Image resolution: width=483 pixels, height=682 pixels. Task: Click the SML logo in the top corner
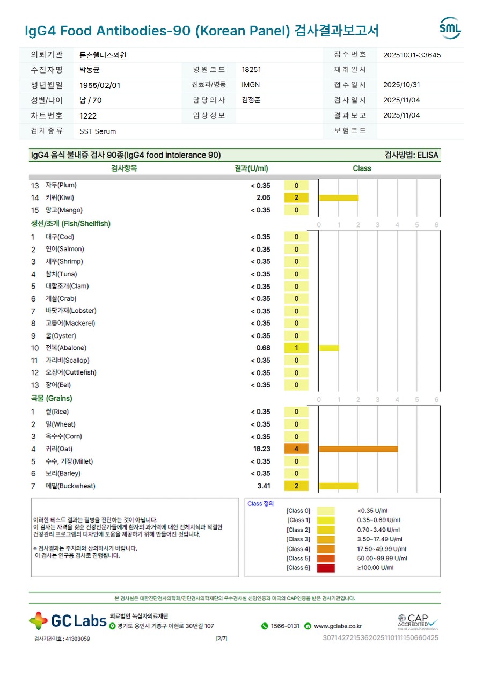coord(450,28)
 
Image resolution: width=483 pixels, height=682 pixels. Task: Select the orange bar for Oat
coord(358,449)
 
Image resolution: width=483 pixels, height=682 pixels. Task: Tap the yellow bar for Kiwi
coord(338,197)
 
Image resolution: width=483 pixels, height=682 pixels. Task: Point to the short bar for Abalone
coord(328,348)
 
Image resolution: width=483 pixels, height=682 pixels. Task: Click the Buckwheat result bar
coord(338,486)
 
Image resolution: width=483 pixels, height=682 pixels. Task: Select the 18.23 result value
coord(262,449)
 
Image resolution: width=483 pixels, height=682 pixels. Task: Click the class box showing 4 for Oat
coord(296,449)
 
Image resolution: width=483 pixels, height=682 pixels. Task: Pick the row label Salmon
coord(64,250)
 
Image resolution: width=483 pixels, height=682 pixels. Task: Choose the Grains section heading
coord(52,399)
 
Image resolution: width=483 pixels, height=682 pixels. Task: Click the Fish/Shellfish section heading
coord(71,224)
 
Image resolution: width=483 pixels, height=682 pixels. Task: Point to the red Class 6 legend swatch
coord(326,568)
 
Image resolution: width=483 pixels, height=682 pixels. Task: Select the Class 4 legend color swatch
coord(326,549)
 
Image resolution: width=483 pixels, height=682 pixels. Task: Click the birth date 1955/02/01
coord(100,85)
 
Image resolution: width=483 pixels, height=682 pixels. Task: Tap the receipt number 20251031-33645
coord(412,55)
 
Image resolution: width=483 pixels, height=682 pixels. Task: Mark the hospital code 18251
coord(252,70)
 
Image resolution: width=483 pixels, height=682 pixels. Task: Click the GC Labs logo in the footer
coord(68,621)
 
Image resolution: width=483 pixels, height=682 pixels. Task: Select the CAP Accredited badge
coord(418,622)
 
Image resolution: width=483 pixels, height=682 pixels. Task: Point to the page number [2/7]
coord(221,639)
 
